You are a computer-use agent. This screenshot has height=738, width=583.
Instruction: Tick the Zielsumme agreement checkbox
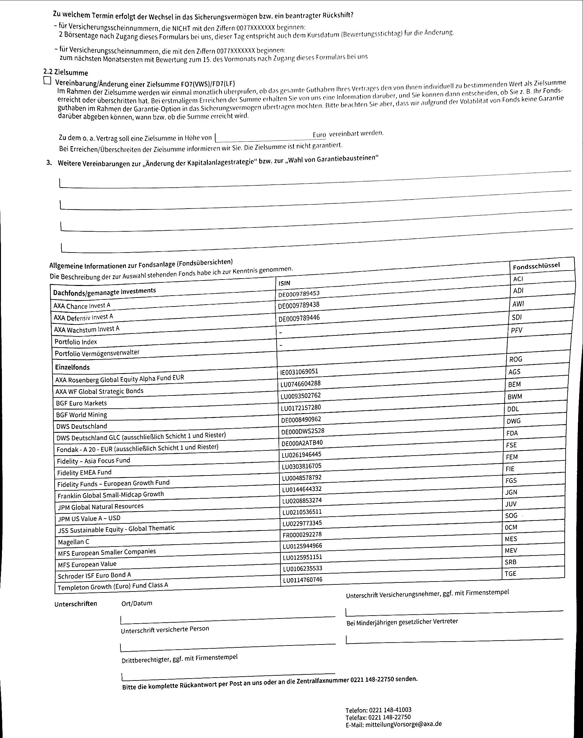tap(47, 81)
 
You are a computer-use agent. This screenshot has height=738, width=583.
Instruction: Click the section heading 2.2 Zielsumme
tap(66, 73)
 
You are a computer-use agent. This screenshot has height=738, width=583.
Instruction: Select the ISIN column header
tap(284, 283)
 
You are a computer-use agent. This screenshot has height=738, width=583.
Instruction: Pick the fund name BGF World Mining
tap(82, 415)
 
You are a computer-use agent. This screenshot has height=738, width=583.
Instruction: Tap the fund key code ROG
tap(516, 359)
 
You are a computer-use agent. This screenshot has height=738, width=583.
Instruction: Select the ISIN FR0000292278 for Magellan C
tap(302, 535)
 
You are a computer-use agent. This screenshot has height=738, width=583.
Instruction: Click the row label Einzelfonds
tap(72, 368)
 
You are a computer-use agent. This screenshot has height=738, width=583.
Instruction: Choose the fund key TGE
tap(510, 574)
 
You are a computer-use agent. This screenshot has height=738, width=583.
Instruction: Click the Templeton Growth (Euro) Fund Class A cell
tap(113, 586)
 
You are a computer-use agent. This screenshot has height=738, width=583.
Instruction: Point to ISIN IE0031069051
tap(299, 372)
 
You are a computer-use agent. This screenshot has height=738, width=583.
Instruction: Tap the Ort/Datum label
tap(137, 603)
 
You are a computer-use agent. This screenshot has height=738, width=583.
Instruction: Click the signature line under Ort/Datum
tap(227, 619)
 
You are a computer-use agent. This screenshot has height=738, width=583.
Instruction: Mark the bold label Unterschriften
tap(75, 603)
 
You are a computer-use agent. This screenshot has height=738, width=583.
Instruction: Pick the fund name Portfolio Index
tap(76, 342)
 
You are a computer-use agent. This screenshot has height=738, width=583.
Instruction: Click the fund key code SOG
tap(511, 516)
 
